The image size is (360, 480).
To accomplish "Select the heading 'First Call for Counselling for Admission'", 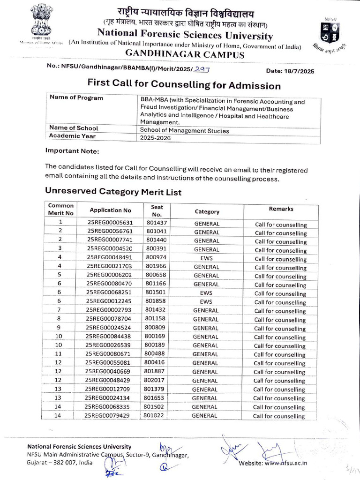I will [x=184, y=85].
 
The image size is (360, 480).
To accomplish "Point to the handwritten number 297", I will [x=202, y=69].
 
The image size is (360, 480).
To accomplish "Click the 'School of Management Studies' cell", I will [x=184, y=131].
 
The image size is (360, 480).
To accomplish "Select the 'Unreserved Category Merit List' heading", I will [x=113, y=192].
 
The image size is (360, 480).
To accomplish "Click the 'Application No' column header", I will [x=111, y=210].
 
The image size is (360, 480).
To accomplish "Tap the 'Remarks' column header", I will [x=281, y=209].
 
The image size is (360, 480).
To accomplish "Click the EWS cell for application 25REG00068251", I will [x=206, y=292].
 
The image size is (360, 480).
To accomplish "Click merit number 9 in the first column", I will [x=60, y=327].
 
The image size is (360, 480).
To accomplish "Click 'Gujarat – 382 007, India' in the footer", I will [x=60, y=462].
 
